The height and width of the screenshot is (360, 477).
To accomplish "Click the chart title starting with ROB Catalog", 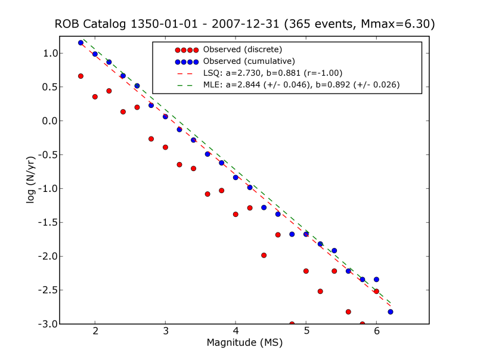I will coord(244,24).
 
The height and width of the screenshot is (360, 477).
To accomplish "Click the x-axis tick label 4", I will coord(236,331).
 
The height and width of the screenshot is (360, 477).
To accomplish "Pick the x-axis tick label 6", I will coord(376,331).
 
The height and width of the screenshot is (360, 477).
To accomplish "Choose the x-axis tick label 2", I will coord(95,331).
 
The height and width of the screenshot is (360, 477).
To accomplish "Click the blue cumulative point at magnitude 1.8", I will coord(80,43).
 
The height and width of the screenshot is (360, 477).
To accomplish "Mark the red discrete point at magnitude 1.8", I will coord(80,76).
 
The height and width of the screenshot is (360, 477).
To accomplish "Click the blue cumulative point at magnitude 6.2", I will coord(391,312).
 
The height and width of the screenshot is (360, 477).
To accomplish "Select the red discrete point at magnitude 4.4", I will coord(264,255).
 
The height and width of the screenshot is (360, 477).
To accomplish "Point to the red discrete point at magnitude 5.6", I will coord(348,312).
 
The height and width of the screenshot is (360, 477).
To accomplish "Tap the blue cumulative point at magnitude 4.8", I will coord(292,234).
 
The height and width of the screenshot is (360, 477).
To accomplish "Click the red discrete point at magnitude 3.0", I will coord(165,147).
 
